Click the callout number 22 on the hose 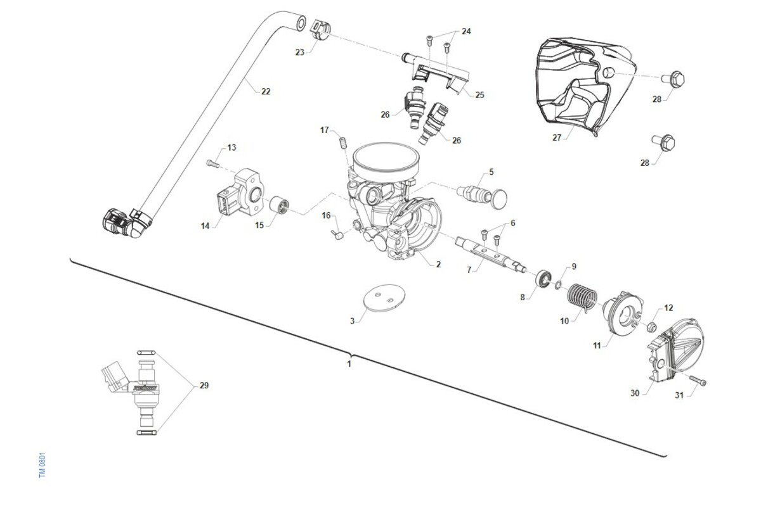pyautogui.click(x=266, y=91)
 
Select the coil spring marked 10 pyautogui.click(x=581, y=296)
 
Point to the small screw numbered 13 pyautogui.click(x=212, y=163)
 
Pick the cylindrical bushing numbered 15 pyautogui.click(x=280, y=206)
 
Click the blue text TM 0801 pyautogui.click(x=42, y=465)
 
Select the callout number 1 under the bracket pyautogui.click(x=349, y=364)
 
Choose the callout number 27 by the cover pyautogui.click(x=557, y=137)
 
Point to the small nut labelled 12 pyautogui.click(x=650, y=327)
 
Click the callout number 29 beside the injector pyautogui.click(x=204, y=385)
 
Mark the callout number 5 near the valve pyautogui.click(x=491, y=172)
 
